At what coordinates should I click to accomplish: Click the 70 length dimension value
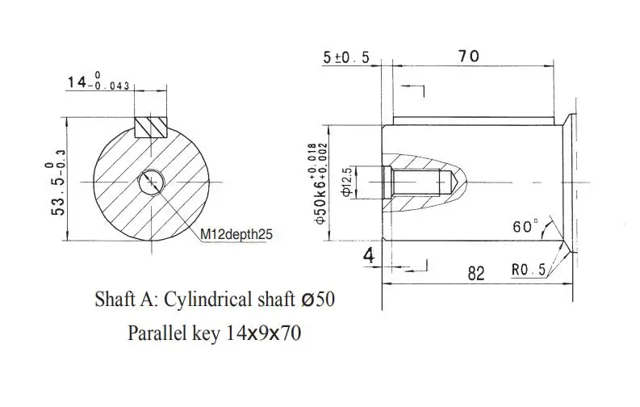469,56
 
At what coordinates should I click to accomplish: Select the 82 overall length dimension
476,273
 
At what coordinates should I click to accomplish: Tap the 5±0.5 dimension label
346,57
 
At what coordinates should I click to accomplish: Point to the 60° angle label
525,226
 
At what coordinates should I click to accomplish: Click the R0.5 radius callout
529,270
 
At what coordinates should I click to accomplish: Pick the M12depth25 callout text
236,234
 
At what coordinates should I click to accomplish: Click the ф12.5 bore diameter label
346,182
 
